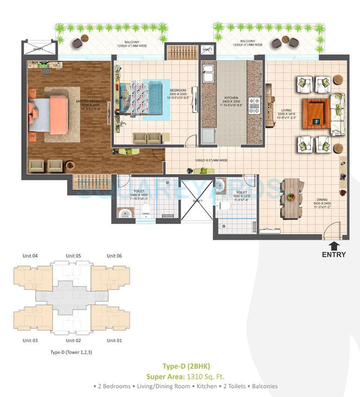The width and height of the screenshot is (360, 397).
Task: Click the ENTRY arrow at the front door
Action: point(334,245)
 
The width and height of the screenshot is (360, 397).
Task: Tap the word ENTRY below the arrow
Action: point(334,254)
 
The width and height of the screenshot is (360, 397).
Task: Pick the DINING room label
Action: point(321,199)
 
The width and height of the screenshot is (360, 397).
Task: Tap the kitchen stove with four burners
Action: point(256,106)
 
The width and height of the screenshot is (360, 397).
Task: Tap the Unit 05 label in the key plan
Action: point(73,256)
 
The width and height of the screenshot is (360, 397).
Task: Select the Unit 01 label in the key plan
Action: point(114,340)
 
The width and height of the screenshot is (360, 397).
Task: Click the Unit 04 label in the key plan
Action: point(30,256)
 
